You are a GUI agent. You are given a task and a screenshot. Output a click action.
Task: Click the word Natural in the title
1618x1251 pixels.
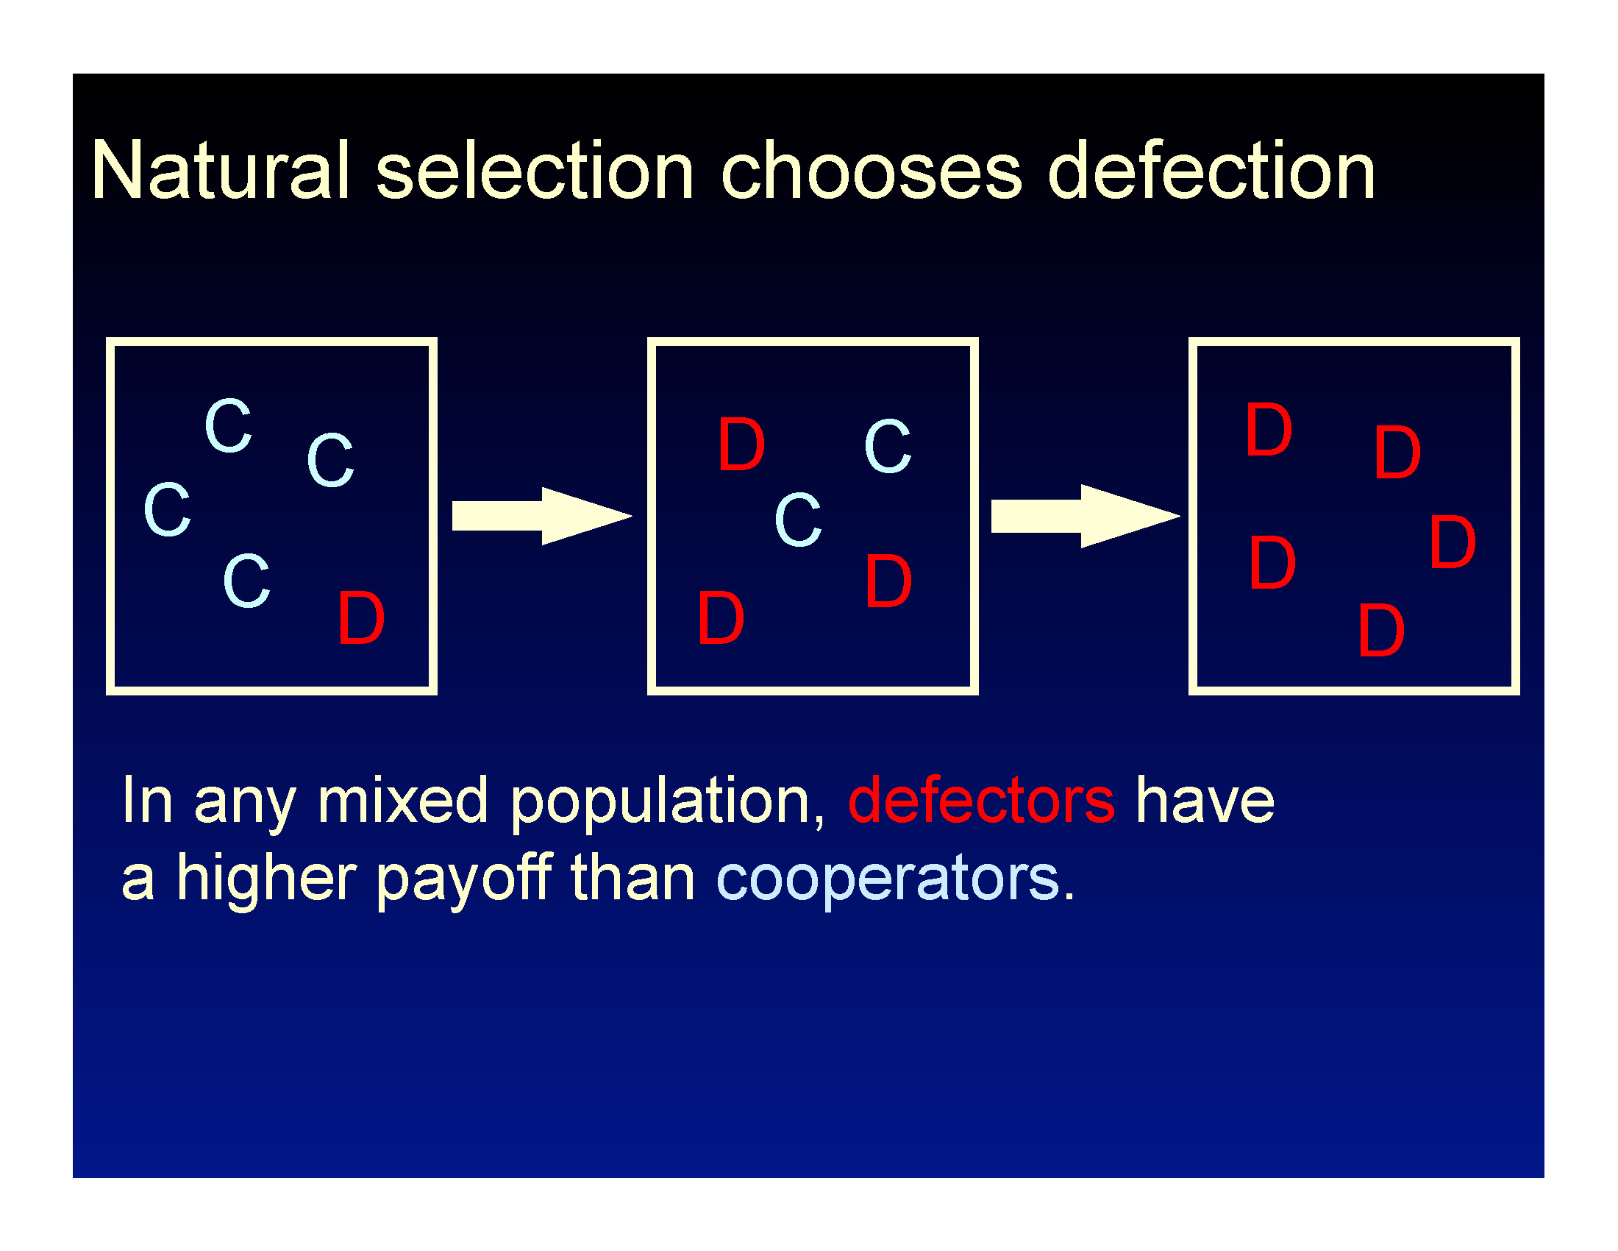pyautogui.click(x=220, y=171)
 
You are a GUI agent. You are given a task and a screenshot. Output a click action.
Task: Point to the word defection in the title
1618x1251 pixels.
pyautogui.click(x=1212, y=171)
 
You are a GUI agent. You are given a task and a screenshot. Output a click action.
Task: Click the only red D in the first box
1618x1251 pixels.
pyautogui.click(x=361, y=617)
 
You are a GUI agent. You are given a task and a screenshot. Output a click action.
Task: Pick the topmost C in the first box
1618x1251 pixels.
pyautogui.click(x=229, y=425)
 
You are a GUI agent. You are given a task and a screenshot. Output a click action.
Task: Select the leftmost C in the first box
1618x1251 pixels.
pyautogui.click(x=168, y=509)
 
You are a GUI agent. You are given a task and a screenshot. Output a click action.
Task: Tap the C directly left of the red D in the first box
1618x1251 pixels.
pyautogui.click(x=246, y=581)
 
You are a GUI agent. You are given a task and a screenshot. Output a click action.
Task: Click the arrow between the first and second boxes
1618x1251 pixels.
pyautogui.click(x=542, y=516)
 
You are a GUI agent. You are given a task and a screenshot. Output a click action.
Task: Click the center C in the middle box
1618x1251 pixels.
pyautogui.click(x=798, y=520)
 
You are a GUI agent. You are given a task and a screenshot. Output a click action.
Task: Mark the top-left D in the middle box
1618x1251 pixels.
pyautogui.click(x=741, y=444)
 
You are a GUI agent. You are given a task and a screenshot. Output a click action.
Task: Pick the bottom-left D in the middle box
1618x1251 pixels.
pyautogui.click(x=721, y=617)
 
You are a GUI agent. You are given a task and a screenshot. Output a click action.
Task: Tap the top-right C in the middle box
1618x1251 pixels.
pyautogui.click(x=888, y=446)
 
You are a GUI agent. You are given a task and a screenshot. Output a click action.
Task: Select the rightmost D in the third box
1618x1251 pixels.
pyautogui.click(x=1453, y=542)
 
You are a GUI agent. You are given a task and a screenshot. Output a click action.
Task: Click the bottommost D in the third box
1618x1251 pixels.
pyautogui.click(x=1382, y=630)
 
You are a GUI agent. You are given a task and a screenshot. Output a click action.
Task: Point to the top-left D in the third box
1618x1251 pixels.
pyautogui.click(x=1269, y=429)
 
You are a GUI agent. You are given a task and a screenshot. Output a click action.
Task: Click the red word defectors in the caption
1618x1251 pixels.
pyautogui.click(x=982, y=800)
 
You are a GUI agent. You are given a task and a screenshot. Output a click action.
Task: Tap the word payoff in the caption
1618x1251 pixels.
pyautogui.click(x=465, y=879)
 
